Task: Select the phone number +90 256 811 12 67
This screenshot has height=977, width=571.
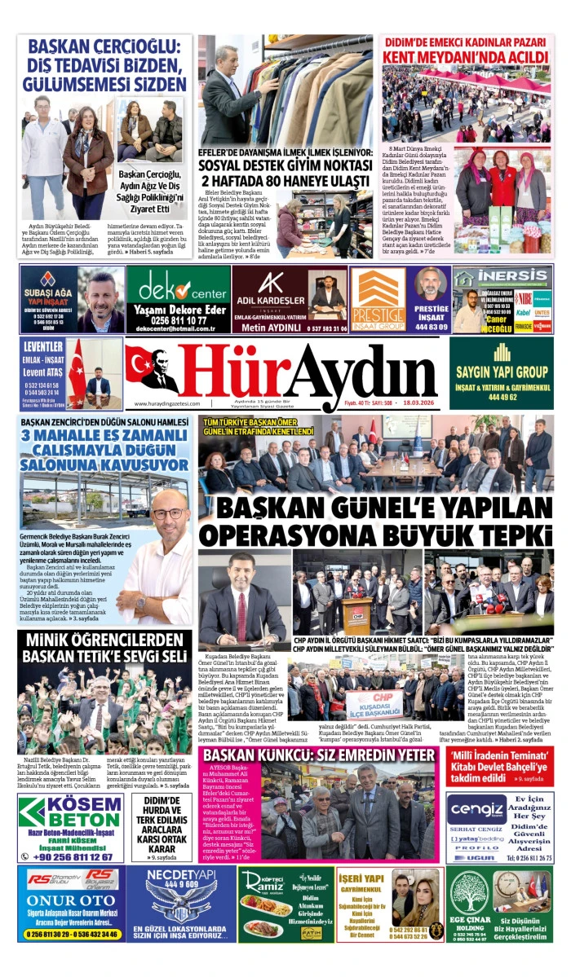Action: click(x=69, y=856)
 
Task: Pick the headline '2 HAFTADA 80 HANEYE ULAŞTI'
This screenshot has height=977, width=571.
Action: click(x=287, y=179)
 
